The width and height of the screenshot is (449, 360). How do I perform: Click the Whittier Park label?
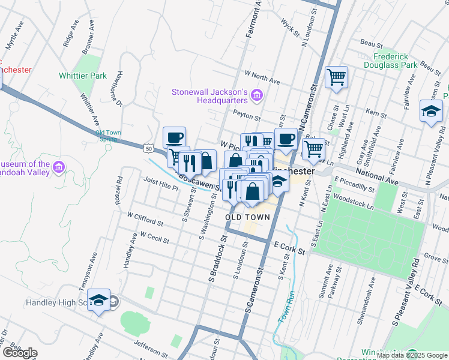83,76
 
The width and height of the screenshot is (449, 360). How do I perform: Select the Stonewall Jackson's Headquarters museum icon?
257,94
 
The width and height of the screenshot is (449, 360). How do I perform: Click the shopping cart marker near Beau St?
336,77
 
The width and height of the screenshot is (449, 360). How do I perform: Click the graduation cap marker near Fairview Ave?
430,112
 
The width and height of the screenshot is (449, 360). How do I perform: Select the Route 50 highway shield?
149,146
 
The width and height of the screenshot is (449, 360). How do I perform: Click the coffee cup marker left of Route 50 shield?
174,137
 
